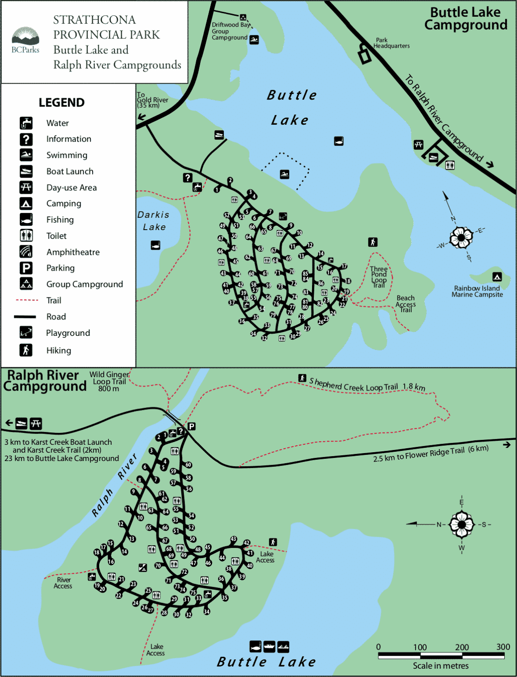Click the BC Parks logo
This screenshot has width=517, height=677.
(x=26, y=40)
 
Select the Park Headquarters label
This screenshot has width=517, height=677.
(x=391, y=43)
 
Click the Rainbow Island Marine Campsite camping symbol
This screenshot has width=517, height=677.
(x=497, y=277)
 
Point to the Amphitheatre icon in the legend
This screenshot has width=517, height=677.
(x=26, y=252)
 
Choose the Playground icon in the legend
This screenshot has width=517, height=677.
(x=26, y=333)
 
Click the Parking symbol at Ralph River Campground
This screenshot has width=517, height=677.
(x=191, y=426)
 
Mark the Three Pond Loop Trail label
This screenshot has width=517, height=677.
(x=379, y=277)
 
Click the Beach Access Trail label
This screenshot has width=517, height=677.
(x=405, y=304)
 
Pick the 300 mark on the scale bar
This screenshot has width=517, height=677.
(x=503, y=647)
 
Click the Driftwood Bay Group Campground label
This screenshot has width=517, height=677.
(x=230, y=31)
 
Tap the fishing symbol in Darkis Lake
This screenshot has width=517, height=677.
(x=155, y=245)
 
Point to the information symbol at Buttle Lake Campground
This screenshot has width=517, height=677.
(x=187, y=178)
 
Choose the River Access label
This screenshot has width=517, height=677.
(x=63, y=583)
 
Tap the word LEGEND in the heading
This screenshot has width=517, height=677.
(x=61, y=102)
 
